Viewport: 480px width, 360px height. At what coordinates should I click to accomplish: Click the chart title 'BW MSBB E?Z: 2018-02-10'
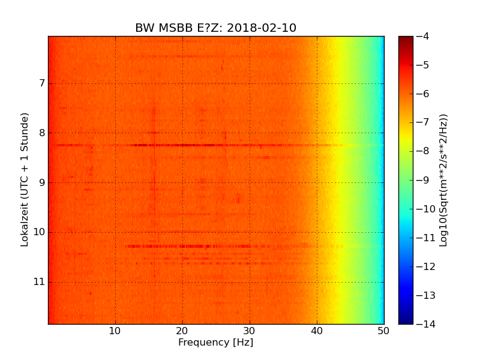(215, 28)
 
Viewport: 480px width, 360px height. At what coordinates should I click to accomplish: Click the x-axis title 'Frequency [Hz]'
(215, 343)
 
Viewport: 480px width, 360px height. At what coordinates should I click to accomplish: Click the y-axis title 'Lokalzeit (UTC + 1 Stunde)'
(25, 180)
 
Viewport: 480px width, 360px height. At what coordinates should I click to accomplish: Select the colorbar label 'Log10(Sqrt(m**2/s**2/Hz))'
(443, 180)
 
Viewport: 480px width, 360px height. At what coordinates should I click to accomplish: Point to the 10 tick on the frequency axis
(115, 331)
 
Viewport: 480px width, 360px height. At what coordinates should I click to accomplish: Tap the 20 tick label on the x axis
(182, 331)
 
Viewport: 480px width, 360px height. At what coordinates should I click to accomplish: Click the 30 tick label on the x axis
(250, 331)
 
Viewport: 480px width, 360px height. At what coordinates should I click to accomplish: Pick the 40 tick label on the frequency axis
(317, 331)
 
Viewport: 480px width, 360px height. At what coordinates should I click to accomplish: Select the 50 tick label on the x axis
(383, 331)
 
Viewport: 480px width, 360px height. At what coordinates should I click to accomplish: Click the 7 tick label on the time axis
(42, 83)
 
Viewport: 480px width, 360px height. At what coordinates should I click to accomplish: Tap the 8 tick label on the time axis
(42, 133)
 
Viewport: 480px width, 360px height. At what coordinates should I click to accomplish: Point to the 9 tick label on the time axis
(42, 182)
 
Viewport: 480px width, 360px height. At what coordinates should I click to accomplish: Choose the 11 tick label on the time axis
(40, 282)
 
